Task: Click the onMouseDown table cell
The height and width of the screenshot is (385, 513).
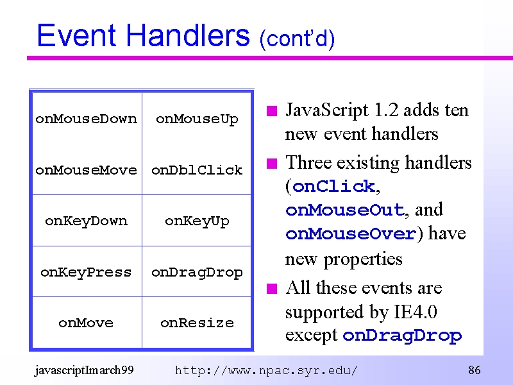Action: coord(87,119)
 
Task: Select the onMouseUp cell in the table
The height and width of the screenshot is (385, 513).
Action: coord(197,119)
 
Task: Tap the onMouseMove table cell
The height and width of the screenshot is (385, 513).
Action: coord(87,170)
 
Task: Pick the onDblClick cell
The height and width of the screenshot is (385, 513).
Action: coord(197,170)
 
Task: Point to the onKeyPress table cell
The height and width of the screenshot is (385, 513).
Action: coord(86,272)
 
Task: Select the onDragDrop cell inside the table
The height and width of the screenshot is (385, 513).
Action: coord(197,272)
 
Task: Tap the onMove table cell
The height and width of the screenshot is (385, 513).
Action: coord(86,323)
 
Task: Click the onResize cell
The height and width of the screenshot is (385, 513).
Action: coord(197,323)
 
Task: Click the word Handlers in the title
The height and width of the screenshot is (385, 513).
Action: coord(188,35)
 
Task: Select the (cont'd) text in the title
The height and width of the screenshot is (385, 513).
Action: coord(297,38)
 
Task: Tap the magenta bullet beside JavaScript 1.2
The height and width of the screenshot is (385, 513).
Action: coord(272,111)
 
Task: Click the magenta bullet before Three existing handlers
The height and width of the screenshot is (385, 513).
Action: coord(272,163)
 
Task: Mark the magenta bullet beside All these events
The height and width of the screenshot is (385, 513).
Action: coord(272,289)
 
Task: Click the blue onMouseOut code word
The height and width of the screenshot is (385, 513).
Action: coord(345,210)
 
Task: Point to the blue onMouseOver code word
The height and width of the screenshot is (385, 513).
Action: coord(351,234)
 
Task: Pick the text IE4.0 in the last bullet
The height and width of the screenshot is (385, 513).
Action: coord(415,311)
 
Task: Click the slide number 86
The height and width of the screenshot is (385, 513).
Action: coord(475,370)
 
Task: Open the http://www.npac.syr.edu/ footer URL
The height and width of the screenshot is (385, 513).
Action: coord(266,371)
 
